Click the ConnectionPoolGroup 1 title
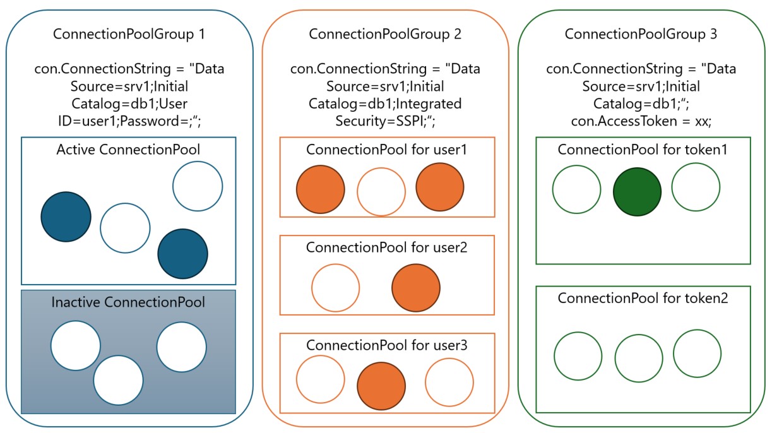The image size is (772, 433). [x=129, y=35]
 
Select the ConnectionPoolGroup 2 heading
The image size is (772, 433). [x=384, y=35]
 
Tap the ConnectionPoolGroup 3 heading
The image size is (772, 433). [x=641, y=35]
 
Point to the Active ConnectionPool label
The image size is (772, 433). [x=128, y=150]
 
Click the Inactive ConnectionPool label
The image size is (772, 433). [x=128, y=302]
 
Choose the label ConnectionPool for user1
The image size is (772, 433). [x=386, y=150]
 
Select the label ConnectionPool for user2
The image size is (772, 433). [x=386, y=247]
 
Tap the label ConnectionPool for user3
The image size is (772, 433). [x=386, y=345]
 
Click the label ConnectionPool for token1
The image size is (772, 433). [x=643, y=150]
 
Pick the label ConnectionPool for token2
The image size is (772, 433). [x=643, y=298]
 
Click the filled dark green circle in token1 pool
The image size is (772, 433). [x=637, y=192]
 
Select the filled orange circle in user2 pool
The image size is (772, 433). [x=416, y=288]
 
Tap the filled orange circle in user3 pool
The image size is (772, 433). [x=381, y=386]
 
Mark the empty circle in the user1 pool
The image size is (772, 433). [x=381, y=191]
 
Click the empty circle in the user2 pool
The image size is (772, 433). [x=335, y=288]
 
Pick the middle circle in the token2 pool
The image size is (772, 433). [x=639, y=358]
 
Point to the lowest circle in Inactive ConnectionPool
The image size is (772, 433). [x=118, y=380]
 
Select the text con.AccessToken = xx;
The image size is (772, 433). [x=641, y=120]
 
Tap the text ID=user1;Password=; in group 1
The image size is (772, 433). [x=129, y=120]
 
